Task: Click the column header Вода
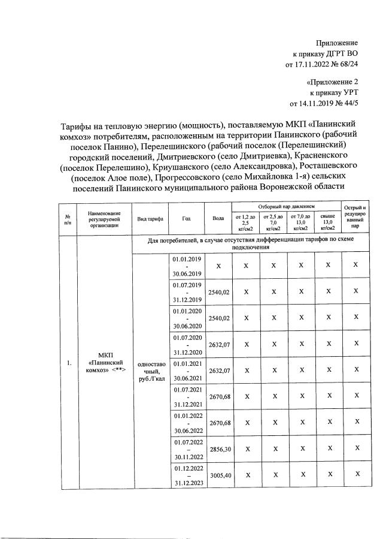(218, 219)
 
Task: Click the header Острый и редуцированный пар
(355, 218)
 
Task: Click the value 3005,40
(218, 474)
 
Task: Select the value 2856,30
(218, 448)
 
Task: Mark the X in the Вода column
(218, 265)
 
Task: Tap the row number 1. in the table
(69, 363)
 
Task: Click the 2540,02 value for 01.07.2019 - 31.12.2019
(218, 291)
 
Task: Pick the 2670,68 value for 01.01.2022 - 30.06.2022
(218, 421)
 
